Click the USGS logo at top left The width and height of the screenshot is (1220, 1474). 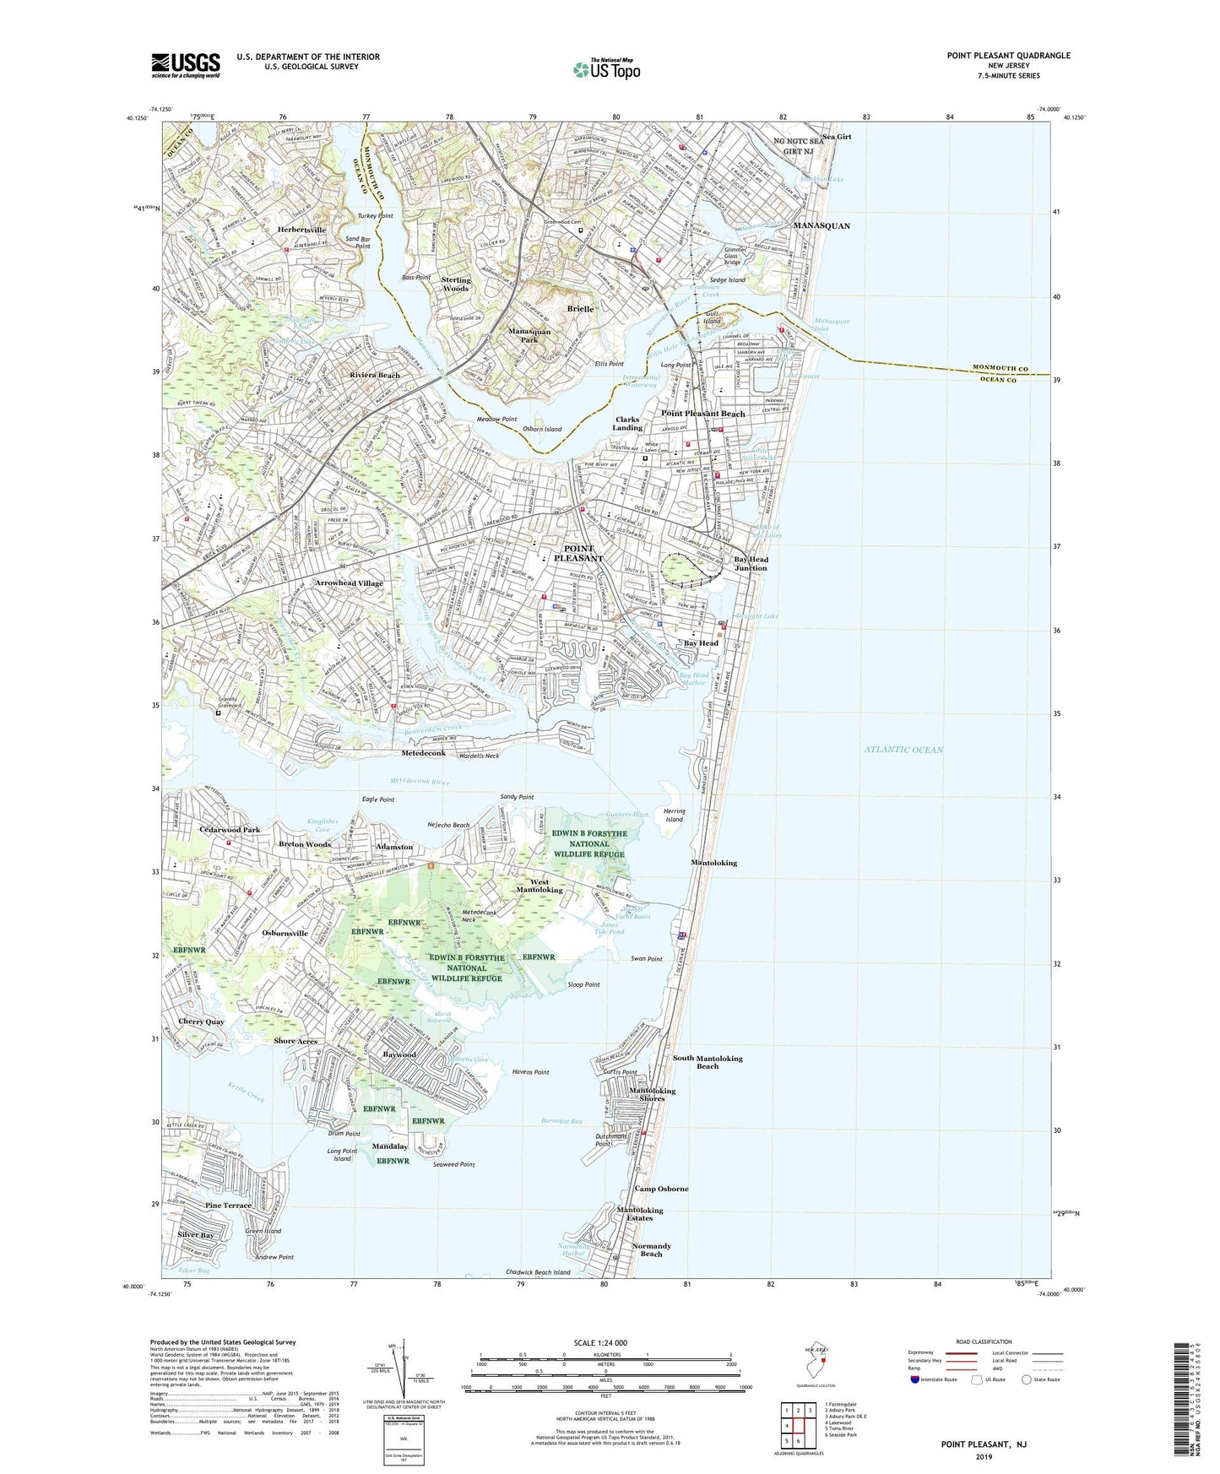186,64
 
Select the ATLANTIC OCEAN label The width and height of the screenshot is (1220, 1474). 903,750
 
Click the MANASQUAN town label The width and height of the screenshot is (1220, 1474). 821,226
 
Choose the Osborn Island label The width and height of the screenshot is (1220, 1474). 541,430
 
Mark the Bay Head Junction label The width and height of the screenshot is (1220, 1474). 750,563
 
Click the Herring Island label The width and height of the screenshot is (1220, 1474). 674,816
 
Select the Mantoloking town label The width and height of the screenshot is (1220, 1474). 713,863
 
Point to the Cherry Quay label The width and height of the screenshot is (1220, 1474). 201,1022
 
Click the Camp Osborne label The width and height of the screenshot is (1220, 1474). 661,1189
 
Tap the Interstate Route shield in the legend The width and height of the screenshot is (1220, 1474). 916,1379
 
